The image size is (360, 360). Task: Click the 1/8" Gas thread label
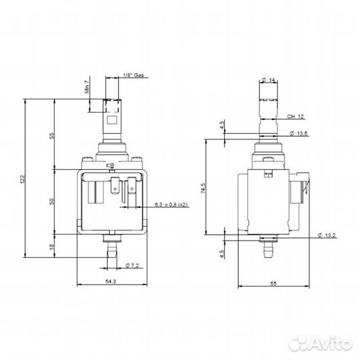pos(134,76)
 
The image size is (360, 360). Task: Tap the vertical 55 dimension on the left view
pos(51,135)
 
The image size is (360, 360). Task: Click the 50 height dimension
pos(51,201)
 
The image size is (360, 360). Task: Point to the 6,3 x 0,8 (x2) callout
pos(171,204)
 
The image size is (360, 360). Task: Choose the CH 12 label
pos(295,117)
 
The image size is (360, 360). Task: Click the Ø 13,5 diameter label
pos(299,134)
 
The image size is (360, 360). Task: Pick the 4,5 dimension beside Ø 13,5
pos(221,125)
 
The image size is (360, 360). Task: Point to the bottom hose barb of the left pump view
pos(111,251)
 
